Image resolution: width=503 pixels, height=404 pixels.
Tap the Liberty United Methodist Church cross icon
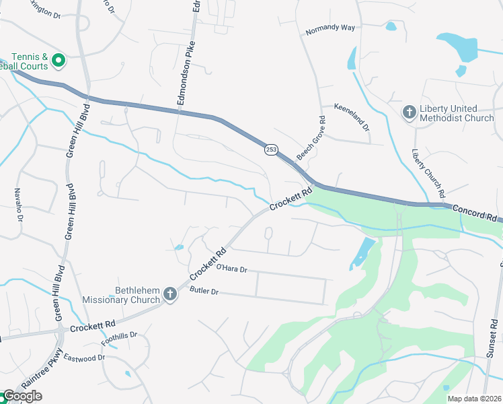point(409,112)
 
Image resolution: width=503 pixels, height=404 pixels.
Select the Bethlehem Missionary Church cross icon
point(170,294)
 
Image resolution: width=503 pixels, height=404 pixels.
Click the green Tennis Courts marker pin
point(58,61)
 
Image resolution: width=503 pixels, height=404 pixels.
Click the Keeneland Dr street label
point(352,115)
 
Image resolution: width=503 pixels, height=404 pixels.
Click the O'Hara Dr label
point(232,269)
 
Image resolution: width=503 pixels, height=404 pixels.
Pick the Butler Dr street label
point(204,291)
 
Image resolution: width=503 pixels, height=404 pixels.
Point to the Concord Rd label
point(474,214)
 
